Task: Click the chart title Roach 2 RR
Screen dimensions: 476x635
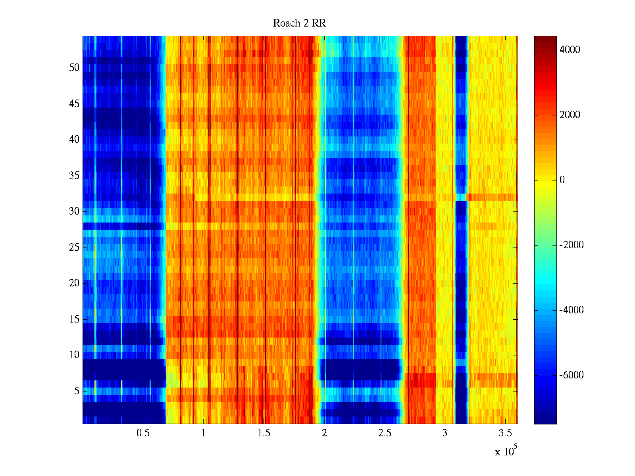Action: (299, 23)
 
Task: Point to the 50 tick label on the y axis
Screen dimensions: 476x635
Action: (74, 68)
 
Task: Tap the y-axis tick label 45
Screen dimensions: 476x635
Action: (74, 104)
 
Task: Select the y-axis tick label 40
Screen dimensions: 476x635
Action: (74, 140)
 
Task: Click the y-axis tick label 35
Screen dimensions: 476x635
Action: (74, 176)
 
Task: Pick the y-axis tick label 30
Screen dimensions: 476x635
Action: (74, 211)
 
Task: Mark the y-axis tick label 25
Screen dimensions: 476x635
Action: (74, 248)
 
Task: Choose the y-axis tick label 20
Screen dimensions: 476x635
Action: (74, 283)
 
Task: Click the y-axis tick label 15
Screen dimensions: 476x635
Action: (74, 319)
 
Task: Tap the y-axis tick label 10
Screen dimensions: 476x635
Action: (74, 355)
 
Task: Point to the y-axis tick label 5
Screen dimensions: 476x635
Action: (77, 391)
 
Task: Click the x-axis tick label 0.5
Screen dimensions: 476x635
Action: (143, 433)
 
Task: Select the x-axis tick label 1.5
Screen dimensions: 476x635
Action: (264, 433)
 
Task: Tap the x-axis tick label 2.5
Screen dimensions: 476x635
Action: (385, 433)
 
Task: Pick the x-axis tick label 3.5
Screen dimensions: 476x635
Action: (505, 433)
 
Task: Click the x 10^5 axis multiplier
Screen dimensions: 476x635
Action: (506, 451)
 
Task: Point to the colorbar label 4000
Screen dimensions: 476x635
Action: (570, 50)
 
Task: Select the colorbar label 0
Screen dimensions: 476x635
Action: (562, 180)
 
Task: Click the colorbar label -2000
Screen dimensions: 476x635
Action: (571, 245)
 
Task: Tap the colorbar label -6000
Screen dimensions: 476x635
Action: (571, 375)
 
